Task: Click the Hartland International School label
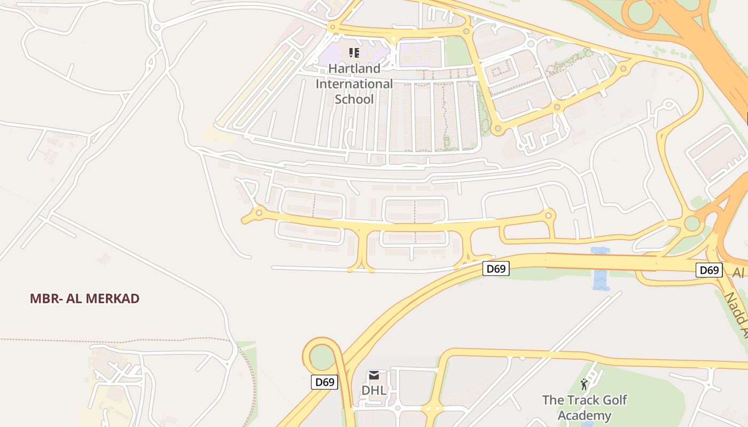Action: (x=354, y=84)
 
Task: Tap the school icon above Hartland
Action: (x=354, y=52)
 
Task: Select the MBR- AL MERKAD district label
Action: (x=84, y=299)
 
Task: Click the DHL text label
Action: (x=373, y=390)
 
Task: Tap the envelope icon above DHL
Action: (x=373, y=376)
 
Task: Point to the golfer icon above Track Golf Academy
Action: (x=584, y=384)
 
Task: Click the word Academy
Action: (x=584, y=416)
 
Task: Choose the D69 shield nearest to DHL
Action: (x=324, y=382)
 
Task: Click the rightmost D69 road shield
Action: (x=709, y=270)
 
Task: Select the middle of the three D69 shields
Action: (x=496, y=268)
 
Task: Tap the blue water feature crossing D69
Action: (x=601, y=269)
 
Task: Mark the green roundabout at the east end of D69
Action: (x=692, y=223)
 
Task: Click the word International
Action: (x=354, y=84)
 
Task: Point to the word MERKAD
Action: (x=113, y=299)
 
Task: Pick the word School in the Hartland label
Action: (x=354, y=99)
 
